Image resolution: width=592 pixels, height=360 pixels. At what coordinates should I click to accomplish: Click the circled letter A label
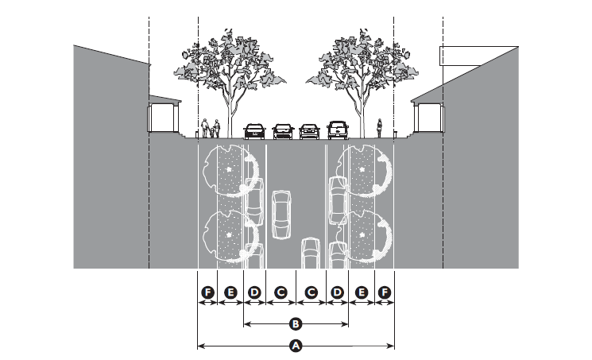[x=296, y=346]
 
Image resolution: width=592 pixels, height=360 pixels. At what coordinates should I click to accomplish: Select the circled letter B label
[x=296, y=324]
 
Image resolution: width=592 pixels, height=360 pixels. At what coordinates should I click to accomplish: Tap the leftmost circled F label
[x=207, y=293]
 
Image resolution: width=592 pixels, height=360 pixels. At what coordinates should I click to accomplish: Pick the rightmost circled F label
[x=385, y=293]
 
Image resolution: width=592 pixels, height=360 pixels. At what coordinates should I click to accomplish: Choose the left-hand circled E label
[x=230, y=293]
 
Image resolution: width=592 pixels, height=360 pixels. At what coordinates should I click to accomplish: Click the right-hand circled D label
[x=338, y=293]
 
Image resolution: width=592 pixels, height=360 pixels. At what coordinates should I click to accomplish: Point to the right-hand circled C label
[x=311, y=293]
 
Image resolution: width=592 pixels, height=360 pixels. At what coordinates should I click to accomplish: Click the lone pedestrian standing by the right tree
[x=380, y=127]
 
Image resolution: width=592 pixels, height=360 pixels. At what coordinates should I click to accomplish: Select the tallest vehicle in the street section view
[x=338, y=130]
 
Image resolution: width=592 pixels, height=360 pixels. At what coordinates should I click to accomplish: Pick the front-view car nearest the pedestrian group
[x=254, y=130]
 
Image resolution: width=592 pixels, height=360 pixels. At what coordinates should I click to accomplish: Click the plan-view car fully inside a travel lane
[x=281, y=214]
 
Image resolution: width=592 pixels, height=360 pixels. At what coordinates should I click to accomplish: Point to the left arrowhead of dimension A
[x=199, y=346]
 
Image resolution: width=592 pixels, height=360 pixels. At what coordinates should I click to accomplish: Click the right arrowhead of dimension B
[x=346, y=324]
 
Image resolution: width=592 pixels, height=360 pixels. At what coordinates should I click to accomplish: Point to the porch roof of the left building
[x=164, y=100]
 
